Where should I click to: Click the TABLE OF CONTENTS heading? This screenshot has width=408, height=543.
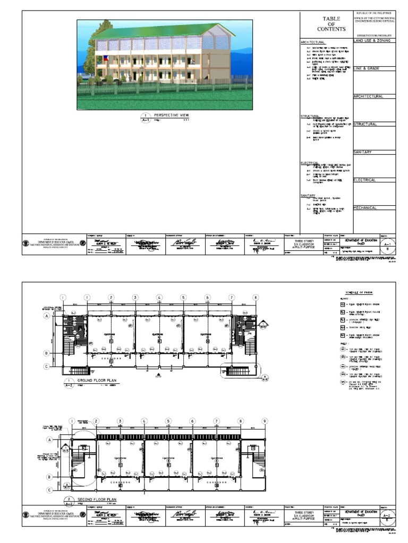[x=328, y=23]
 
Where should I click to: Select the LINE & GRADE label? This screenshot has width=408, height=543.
[x=367, y=68]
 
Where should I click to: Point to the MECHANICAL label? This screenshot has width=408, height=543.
[x=365, y=208]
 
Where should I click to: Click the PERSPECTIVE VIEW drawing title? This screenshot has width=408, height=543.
[x=171, y=115]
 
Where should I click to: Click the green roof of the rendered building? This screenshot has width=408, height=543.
[x=165, y=31]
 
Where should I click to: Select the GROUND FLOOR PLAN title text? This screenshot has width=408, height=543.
[x=97, y=381]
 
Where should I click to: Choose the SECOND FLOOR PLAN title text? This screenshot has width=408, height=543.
[x=98, y=500]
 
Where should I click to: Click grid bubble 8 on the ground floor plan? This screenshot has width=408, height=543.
[x=256, y=298]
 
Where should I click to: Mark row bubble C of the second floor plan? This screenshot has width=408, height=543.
[x=49, y=491]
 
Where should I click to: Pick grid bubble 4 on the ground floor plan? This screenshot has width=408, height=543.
[x=159, y=298]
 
